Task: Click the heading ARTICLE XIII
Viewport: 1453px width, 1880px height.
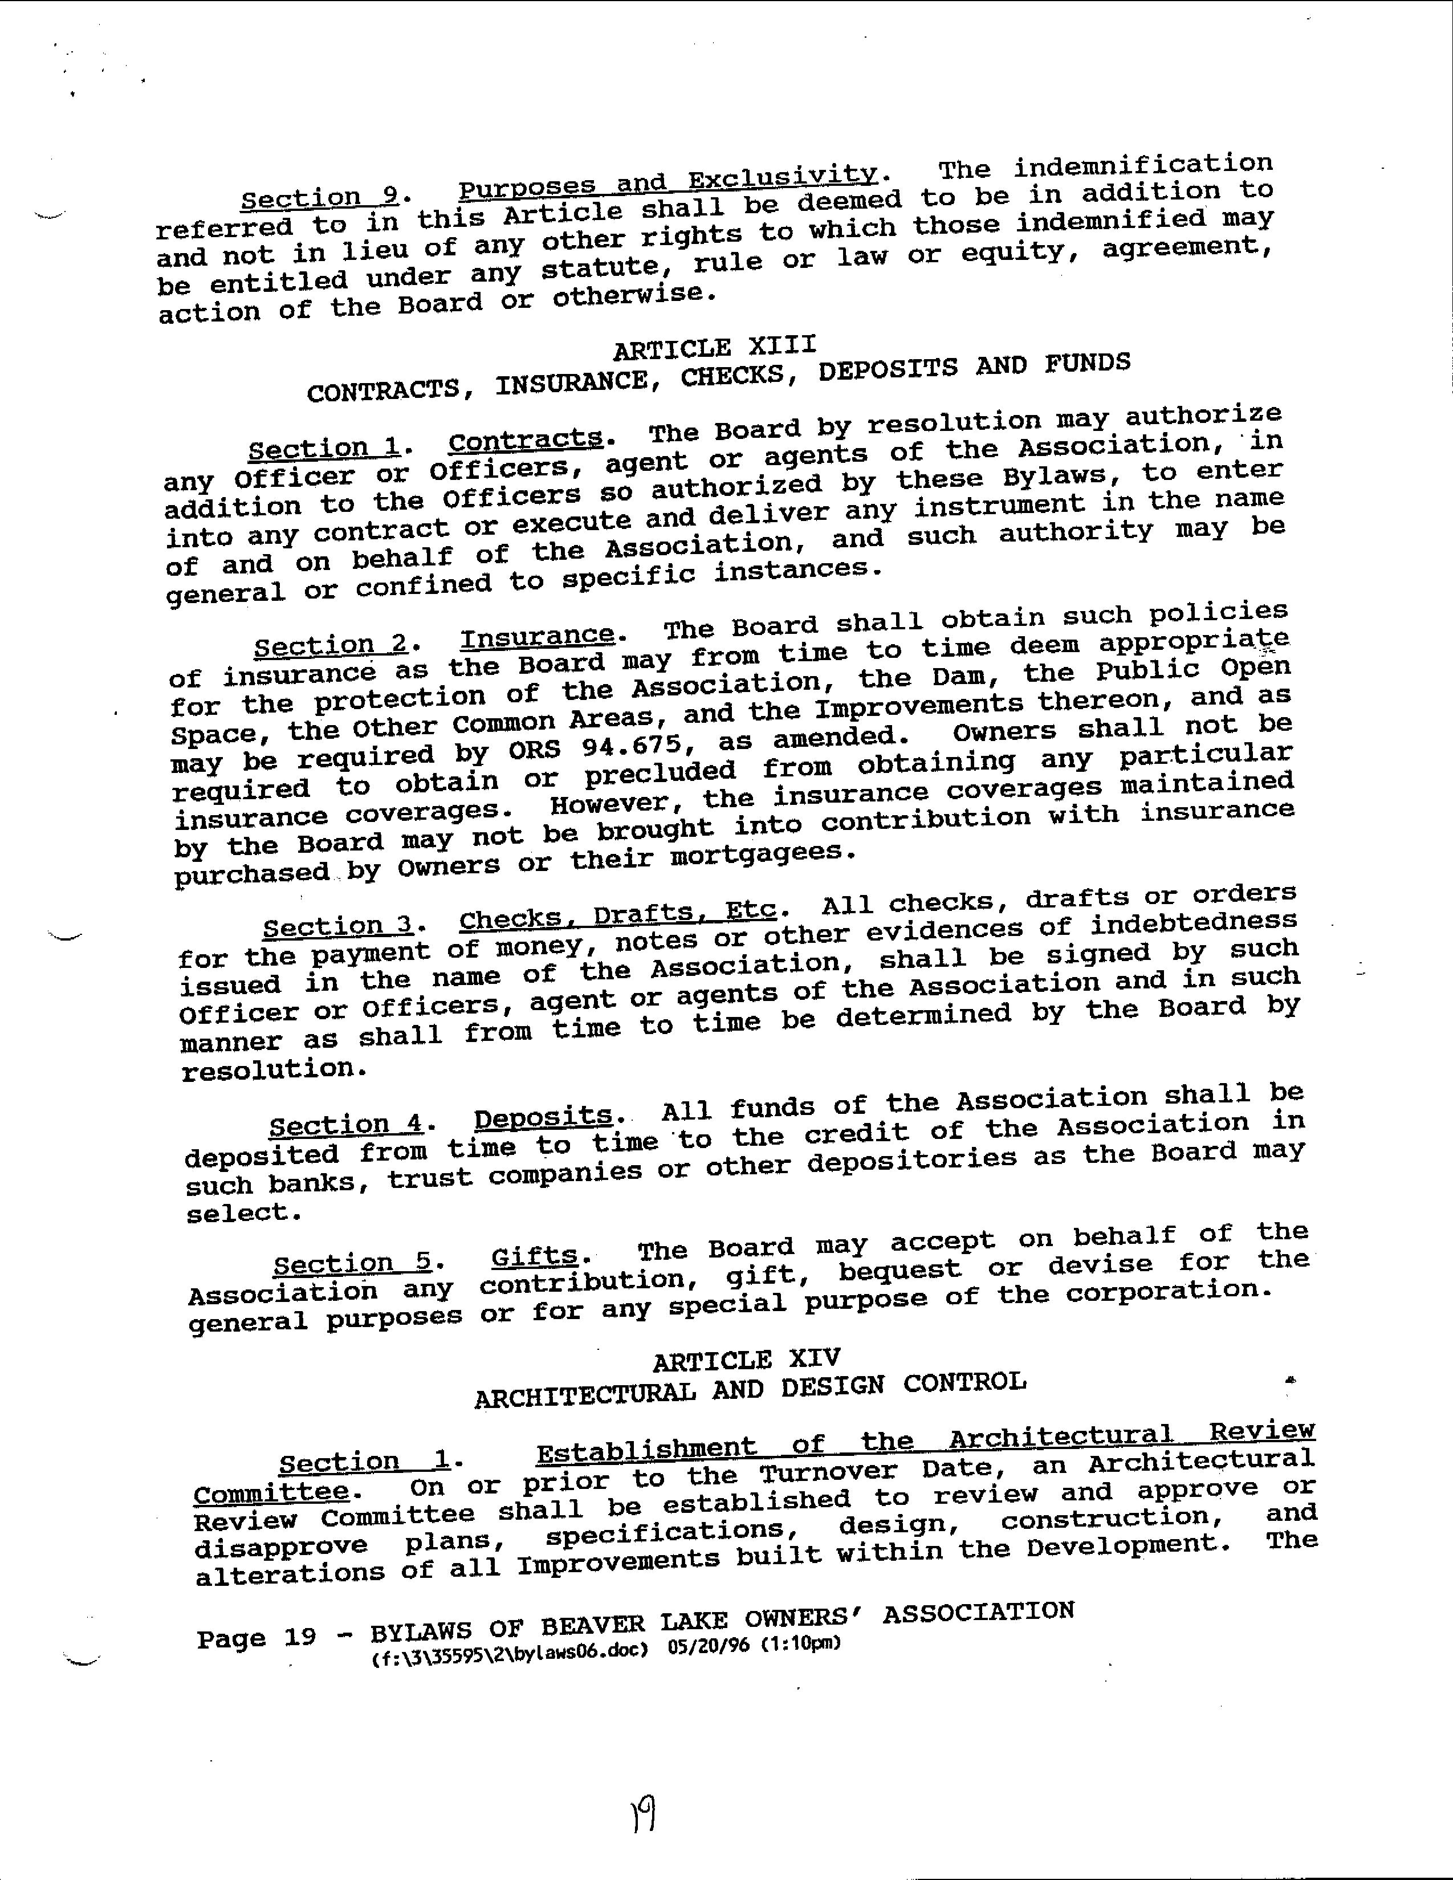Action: (x=714, y=347)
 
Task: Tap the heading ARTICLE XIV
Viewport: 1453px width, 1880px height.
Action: (x=746, y=1361)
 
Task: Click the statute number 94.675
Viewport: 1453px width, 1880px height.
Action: (x=632, y=744)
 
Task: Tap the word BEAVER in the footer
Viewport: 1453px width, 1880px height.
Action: (x=592, y=1627)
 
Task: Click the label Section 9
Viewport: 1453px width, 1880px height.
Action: (x=319, y=198)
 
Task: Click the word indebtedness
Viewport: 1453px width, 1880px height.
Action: (x=1193, y=922)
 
